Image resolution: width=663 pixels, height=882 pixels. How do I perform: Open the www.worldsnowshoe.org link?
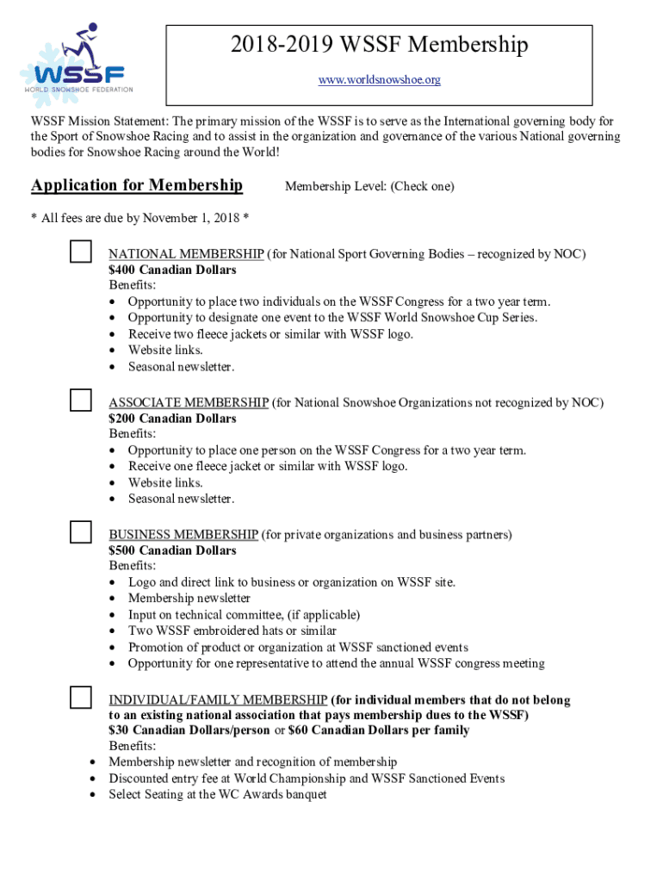(x=379, y=80)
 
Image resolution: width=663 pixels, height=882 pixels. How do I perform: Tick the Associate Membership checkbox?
(x=81, y=400)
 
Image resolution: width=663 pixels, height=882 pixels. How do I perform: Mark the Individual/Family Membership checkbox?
(x=81, y=698)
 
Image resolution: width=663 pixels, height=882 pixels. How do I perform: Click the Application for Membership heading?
(x=137, y=185)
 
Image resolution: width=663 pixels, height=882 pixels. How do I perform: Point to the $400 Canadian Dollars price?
(x=172, y=270)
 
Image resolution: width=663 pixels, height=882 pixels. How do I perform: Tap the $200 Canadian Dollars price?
(x=172, y=419)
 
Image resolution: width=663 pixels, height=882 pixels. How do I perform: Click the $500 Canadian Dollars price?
(x=172, y=550)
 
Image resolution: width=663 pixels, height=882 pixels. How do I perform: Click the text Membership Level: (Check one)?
(x=369, y=186)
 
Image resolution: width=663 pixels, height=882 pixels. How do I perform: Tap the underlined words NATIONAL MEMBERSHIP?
(x=186, y=254)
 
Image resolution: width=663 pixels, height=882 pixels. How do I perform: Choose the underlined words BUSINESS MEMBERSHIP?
(x=183, y=535)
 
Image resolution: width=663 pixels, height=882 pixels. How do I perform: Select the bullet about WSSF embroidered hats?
(x=232, y=631)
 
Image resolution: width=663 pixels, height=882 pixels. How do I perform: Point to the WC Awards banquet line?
(x=217, y=795)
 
